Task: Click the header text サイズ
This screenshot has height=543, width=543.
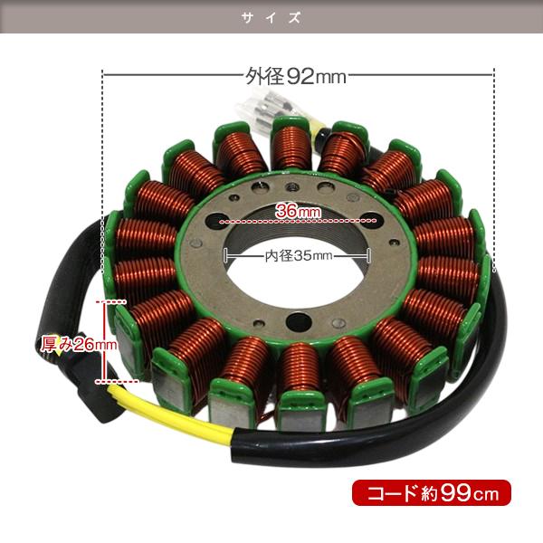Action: [x=271, y=17]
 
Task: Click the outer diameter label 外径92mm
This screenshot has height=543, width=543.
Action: [x=296, y=76]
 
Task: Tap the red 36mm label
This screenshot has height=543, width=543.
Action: [x=298, y=210]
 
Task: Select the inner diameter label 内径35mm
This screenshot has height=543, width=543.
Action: [x=299, y=255]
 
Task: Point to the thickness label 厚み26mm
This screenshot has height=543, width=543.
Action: [x=79, y=344]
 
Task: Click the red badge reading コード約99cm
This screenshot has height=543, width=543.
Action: [x=432, y=492]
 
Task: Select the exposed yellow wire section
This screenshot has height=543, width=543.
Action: [x=173, y=412]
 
